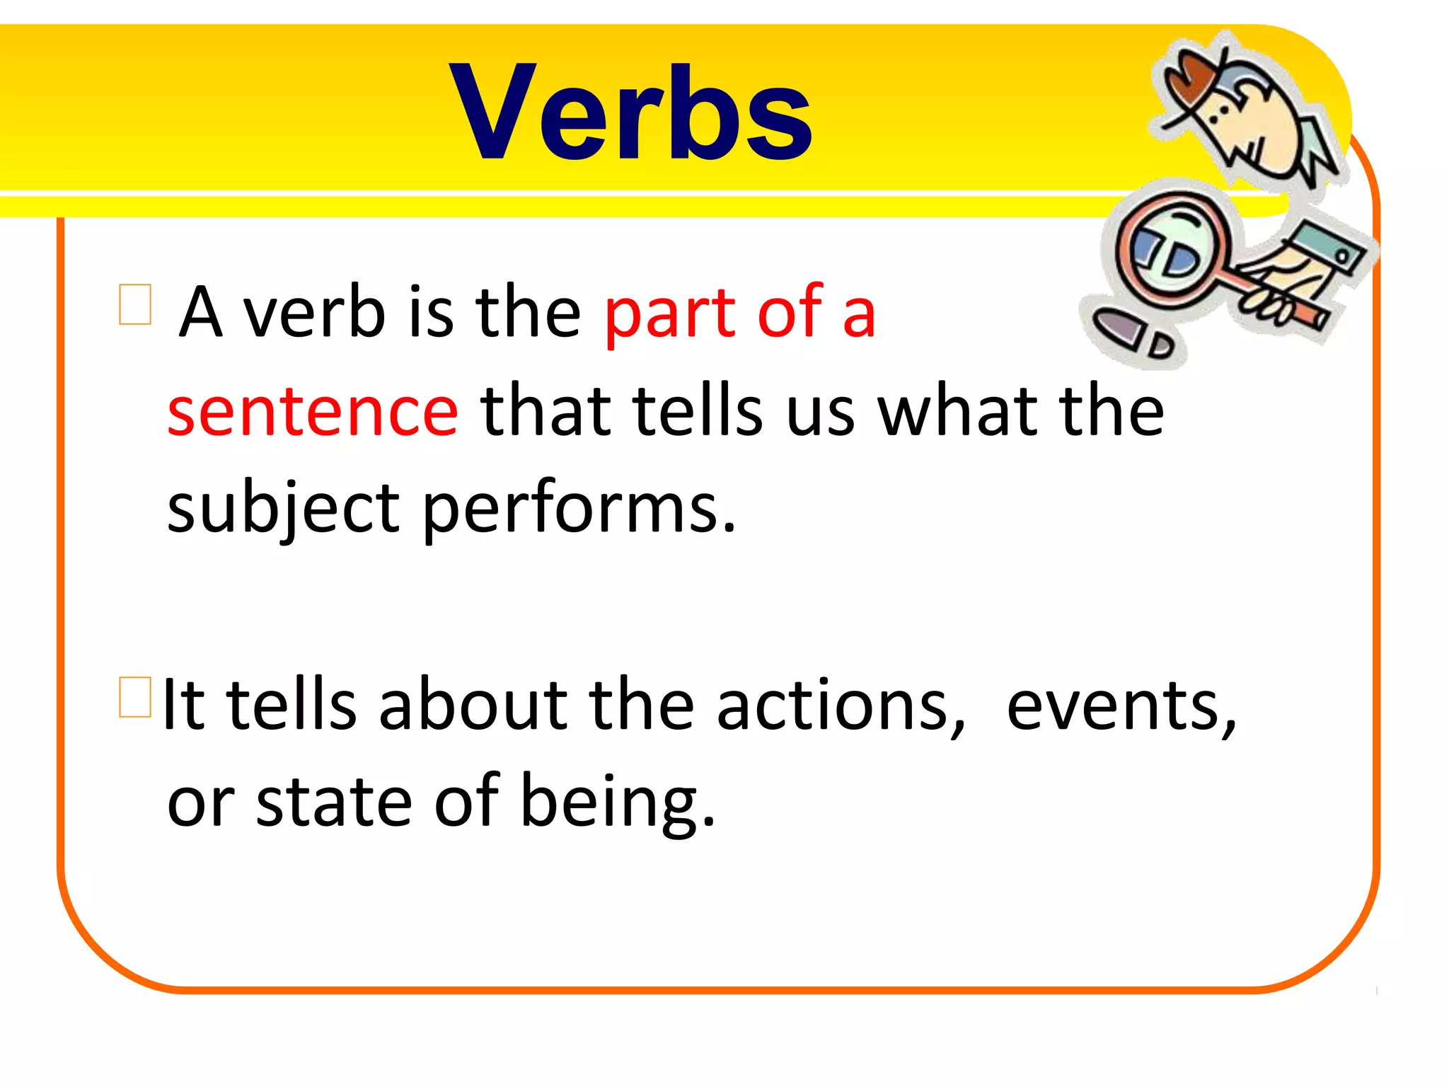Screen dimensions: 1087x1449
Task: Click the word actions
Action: [x=840, y=705]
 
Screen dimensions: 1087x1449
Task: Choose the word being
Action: [x=616, y=803]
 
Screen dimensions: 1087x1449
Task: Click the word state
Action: [x=333, y=803]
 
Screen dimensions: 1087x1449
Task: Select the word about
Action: [x=473, y=705]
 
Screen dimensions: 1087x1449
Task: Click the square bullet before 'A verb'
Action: [x=135, y=304]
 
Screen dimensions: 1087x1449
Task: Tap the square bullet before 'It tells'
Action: [x=135, y=697]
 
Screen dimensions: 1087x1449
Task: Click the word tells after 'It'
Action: [x=291, y=705]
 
